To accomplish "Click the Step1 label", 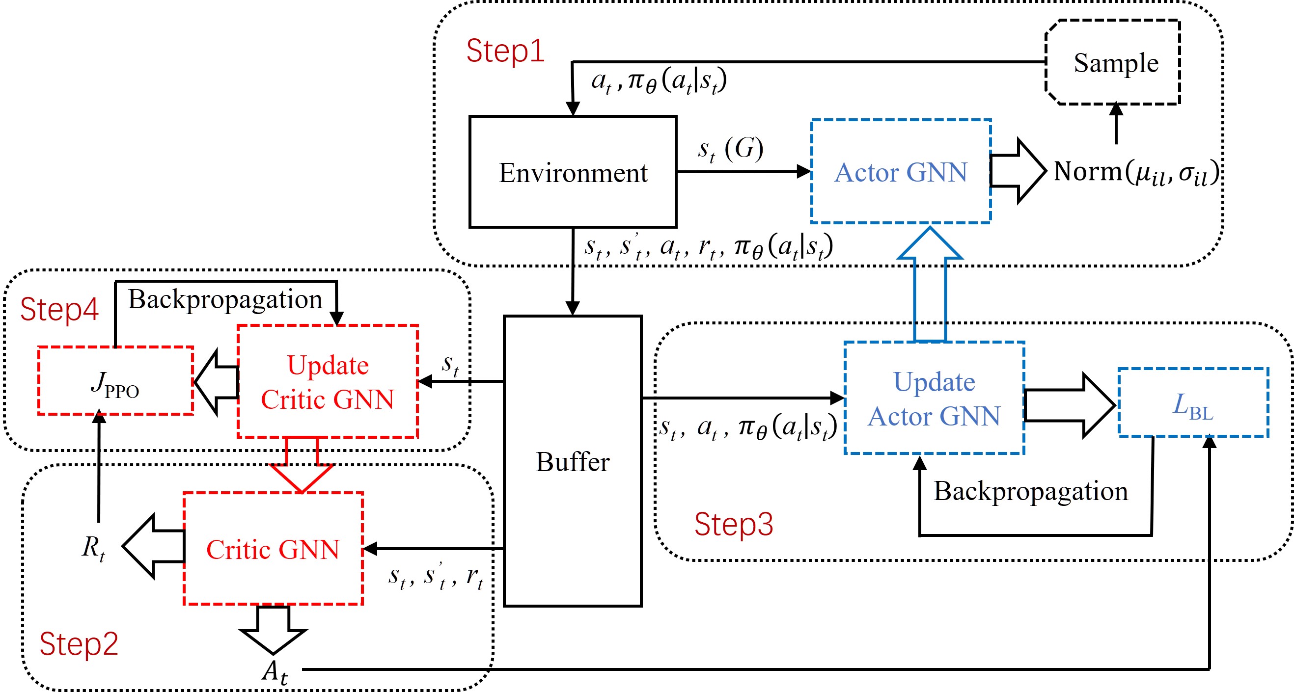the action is point(505,51).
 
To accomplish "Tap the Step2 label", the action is point(79,644).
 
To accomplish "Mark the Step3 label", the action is point(733,524).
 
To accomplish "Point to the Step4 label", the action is point(59,309).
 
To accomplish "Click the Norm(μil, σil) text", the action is point(1137,172).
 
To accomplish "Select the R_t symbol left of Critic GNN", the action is point(94,547).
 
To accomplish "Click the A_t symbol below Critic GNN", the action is point(275,672).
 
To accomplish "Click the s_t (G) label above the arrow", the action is point(730,149).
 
